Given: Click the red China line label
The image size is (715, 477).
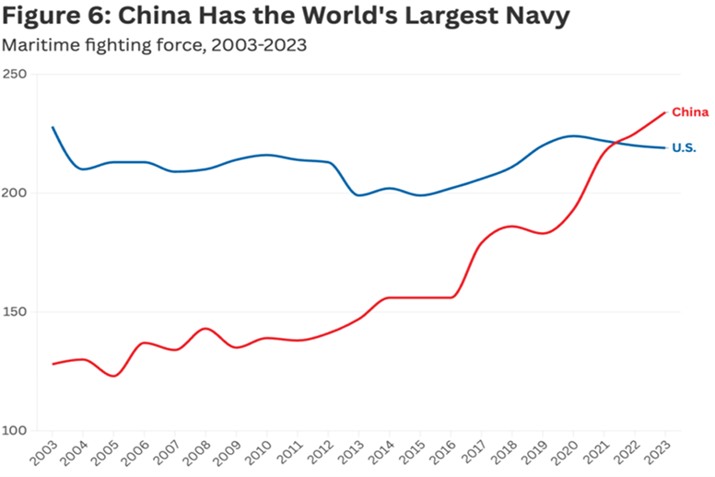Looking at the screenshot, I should coord(689,112).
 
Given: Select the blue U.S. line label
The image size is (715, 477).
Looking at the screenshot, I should coord(684,147).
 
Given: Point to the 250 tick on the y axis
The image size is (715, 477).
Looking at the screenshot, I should coord(15,75).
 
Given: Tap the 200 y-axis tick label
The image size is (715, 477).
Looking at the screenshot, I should coord(15,193).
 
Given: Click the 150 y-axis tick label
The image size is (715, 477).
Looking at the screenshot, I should coord(15,312).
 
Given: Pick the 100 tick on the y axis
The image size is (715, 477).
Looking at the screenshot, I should coord(15,431).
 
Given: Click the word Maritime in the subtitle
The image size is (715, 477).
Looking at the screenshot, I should coord(36,44).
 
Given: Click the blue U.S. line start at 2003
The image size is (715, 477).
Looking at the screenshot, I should coord(53,127).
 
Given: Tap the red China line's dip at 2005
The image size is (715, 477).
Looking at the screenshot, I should coord(113,376).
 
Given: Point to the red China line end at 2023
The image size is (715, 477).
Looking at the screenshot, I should coord(665,113).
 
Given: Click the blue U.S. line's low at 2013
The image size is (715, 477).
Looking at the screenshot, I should coord(358,195).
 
